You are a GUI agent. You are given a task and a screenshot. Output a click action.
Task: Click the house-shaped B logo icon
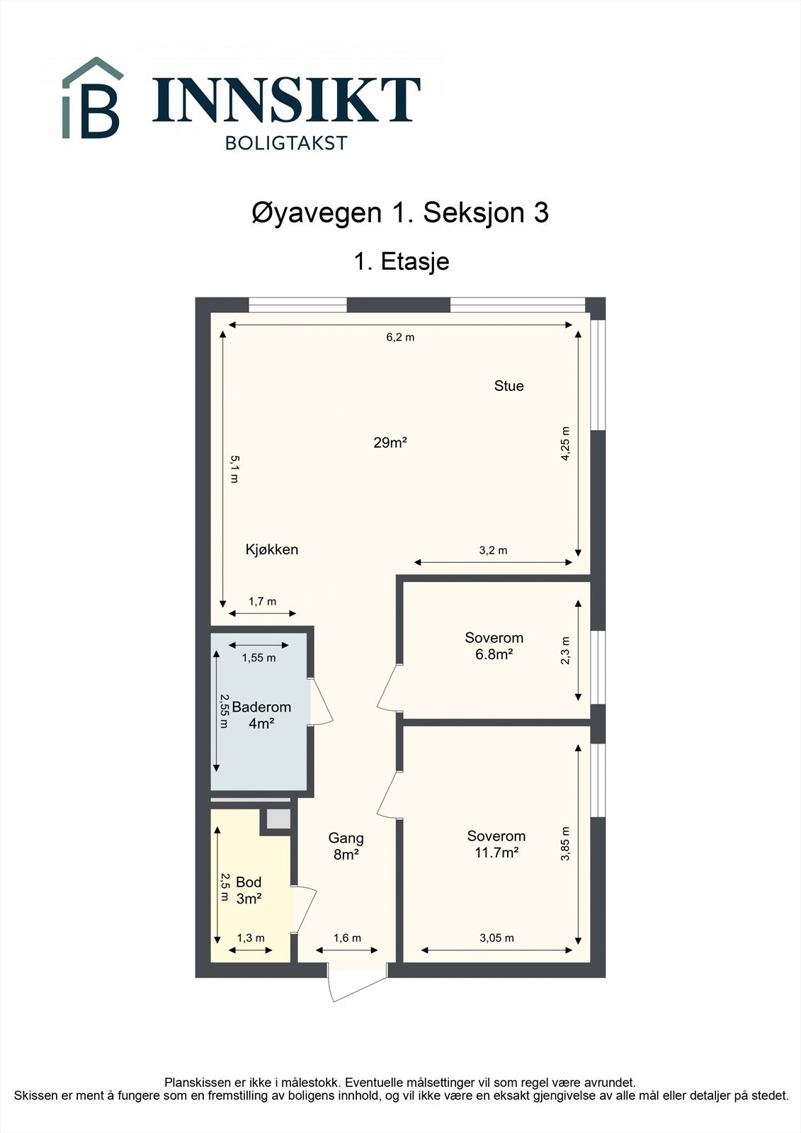coord(92,99)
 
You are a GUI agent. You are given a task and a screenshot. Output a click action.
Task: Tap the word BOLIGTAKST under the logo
coord(286,143)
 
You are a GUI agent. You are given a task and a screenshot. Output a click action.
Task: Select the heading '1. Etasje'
coord(401,261)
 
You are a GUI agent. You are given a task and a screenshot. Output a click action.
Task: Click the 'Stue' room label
coord(509,386)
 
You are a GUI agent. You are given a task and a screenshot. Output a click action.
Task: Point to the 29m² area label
coord(390,443)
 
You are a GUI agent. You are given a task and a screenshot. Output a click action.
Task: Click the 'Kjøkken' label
coord(271,550)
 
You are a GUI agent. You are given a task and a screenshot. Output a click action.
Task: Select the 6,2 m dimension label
coord(400,338)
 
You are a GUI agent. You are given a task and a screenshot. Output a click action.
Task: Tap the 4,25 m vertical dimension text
coord(565,444)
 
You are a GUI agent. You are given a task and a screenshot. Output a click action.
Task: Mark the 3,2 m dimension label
coord(493,550)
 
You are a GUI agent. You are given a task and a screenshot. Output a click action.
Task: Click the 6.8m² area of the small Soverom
coord(494,655)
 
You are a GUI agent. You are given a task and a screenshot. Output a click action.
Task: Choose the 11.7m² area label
coord(496,853)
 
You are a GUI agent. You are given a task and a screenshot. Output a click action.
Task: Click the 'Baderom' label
coord(261,707)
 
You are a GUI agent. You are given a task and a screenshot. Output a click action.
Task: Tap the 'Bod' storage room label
coord(249,882)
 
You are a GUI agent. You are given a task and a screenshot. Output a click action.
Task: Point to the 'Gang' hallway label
coord(346,838)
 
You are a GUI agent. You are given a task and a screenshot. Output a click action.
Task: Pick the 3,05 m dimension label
coord(496,938)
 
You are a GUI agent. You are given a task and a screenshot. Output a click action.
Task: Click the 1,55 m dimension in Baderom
coord(259,658)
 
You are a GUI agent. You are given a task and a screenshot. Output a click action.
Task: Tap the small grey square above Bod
coord(277,819)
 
